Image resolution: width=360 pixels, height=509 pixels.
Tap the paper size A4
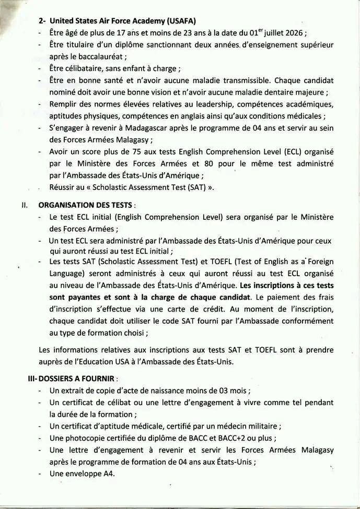[x=109, y=474]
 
